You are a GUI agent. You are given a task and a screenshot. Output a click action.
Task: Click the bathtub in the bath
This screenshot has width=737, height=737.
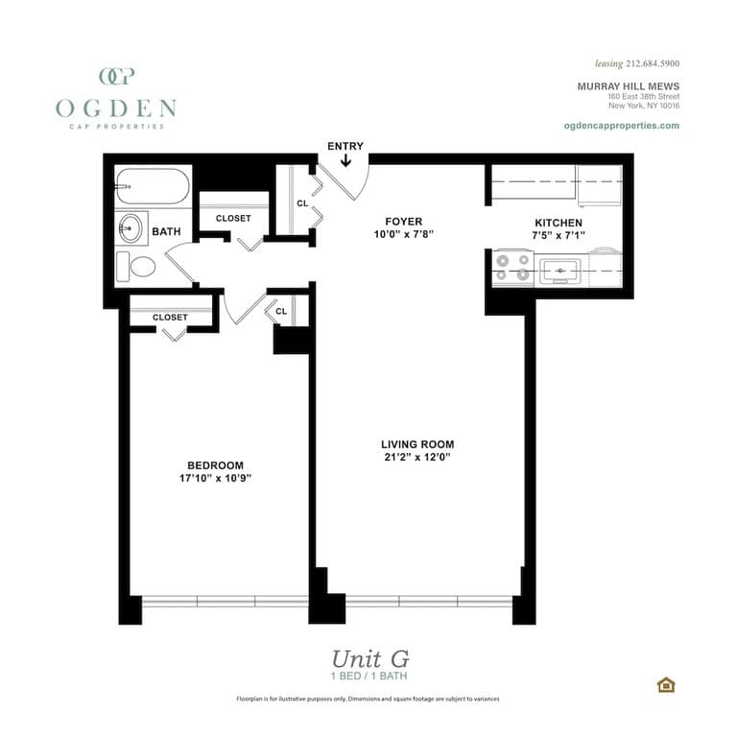point(153,186)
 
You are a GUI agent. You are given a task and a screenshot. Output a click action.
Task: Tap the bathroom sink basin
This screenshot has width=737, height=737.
point(131,229)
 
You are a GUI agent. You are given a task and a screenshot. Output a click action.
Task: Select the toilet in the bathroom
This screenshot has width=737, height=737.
point(137,266)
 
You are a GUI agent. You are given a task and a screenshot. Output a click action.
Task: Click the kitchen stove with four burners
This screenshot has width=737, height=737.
point(513,266)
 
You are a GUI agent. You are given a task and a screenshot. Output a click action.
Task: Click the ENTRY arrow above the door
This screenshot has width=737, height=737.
point(346,162)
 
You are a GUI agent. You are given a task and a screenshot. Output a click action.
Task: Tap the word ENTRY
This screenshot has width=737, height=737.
point(345,146)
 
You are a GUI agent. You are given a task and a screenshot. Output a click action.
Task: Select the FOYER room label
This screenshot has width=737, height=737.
point(403,222)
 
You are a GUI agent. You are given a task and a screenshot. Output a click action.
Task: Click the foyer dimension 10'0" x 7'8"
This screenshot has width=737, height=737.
point(403,234)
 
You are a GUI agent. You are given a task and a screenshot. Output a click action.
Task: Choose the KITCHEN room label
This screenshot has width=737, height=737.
point(558,223)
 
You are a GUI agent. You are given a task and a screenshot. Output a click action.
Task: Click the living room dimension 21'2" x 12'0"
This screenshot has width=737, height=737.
point(416,458)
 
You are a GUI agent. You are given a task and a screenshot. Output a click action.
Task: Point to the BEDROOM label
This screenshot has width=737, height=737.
point(215,465)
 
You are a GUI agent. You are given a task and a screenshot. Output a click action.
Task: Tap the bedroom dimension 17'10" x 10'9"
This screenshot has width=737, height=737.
point(215,478)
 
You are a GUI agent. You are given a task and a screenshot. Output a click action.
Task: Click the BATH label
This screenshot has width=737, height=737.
point(166,231)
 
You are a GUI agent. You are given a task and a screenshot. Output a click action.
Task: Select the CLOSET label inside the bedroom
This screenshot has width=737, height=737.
point(170,317)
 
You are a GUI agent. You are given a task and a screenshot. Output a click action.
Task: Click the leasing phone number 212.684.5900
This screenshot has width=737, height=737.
point(652,63)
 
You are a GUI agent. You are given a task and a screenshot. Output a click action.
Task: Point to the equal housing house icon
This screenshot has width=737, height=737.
point(665,684)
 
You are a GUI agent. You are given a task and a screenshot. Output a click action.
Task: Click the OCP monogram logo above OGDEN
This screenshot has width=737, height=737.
point(116,77)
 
